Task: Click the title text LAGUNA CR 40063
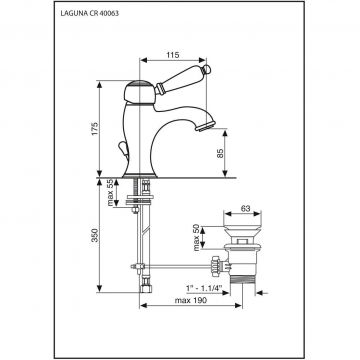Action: point(90,14)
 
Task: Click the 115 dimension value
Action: point(173,55)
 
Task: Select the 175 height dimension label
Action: point(95,129)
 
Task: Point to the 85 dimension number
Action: point(220,152)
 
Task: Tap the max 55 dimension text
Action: point(110,193)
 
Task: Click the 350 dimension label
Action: point(95,235)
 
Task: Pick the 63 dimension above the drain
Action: point(245,209)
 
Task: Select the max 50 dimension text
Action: point(196,238)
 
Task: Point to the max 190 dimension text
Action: point(191,300)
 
